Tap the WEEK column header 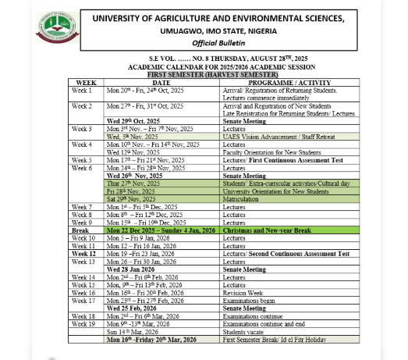click(86, 81)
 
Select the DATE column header click(161, 81)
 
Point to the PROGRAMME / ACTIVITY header click(284, 81)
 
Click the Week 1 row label click(82, 91)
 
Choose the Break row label click(80, 230)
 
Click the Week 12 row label click(83, 254)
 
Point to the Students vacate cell click(243, 332)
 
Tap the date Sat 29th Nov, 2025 click(132, 199)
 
